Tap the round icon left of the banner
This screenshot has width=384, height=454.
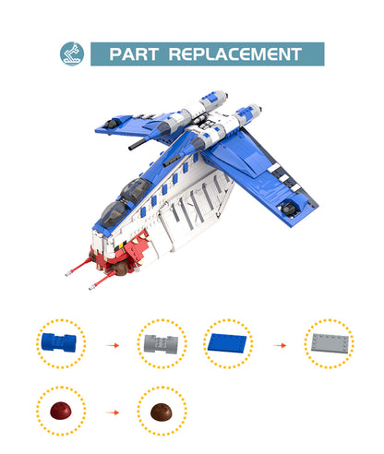pyautogui.click(x=71, y=54)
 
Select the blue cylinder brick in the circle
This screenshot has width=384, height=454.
pyautogui.click(x=61, y=344)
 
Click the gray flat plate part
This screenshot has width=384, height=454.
pyautogui.click(x=329, y=344)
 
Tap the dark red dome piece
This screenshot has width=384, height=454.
pyautogui.click(x=60, y=411)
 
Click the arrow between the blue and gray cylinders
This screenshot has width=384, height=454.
pyautogui.click(x=113, y=345)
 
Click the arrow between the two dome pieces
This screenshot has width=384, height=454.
pyautogui.click(x=113, y=412)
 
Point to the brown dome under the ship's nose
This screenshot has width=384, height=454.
pyautogui.click(x=120, y=269)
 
